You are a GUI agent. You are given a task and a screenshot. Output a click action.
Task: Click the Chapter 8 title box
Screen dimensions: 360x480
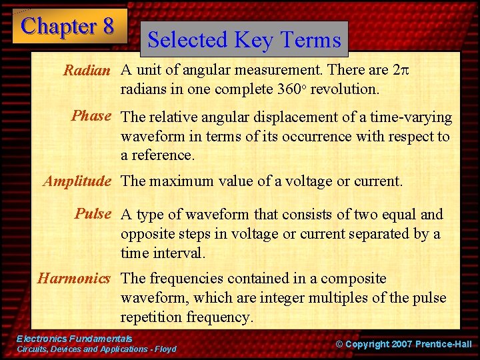pyautogui.click(x=69, y=26)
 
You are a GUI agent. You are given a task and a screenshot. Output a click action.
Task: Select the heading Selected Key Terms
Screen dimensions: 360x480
pyautogui.click(x=244, y=39)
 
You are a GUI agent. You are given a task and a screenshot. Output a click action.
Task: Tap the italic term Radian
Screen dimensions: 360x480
pyautogui.click(x=86, y=71)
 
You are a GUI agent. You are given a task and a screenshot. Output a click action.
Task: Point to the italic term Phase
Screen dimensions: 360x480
pyautogui.click(x=91, y=116)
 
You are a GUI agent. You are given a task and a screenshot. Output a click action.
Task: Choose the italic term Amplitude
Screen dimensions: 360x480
pyautogui.click(x=77, y=181)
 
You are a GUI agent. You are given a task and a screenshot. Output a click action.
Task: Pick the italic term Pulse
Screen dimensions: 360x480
pyautogui.click(x=93, y=214)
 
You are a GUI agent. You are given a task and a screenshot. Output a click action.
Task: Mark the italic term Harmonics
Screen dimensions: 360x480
pyautogui.click(x=73, y=279)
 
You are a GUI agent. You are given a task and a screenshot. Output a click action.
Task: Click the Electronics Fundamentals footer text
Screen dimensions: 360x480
pyautogui.click(x=74, y=339)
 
